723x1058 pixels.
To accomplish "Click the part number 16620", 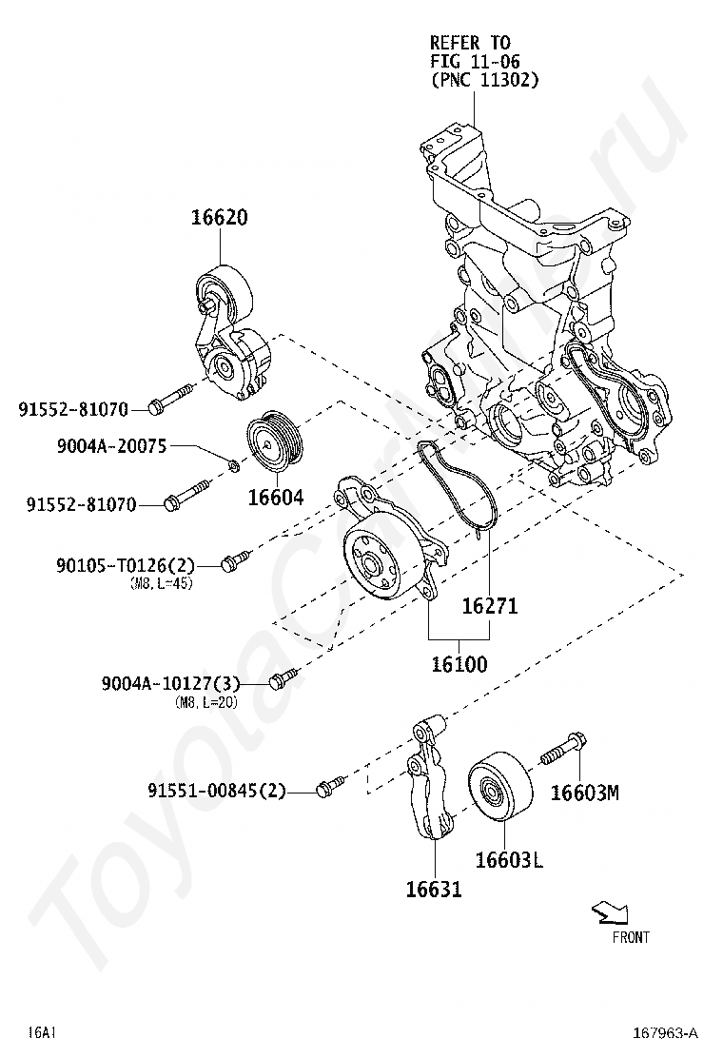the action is coord(219,217).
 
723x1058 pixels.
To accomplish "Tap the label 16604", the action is coord(276,498).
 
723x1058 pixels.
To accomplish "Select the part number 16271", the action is coord(490,606).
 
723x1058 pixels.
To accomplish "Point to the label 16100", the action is coord(459,664).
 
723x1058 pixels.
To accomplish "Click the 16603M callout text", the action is coord(585,793).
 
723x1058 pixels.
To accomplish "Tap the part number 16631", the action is coord(434,890).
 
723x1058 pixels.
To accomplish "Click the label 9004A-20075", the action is coord(112,446).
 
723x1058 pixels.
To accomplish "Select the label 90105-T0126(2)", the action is coord(126,564).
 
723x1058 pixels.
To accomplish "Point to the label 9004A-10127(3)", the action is coord(171,683).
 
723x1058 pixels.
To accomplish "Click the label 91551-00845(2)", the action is coord(217,790).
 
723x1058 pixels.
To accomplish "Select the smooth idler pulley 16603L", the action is coord(499,785).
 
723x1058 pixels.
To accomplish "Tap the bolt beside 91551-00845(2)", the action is coord(330,785).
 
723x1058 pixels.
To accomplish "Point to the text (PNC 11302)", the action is coord(484,80).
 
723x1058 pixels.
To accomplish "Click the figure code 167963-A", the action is coord(665,1032).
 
